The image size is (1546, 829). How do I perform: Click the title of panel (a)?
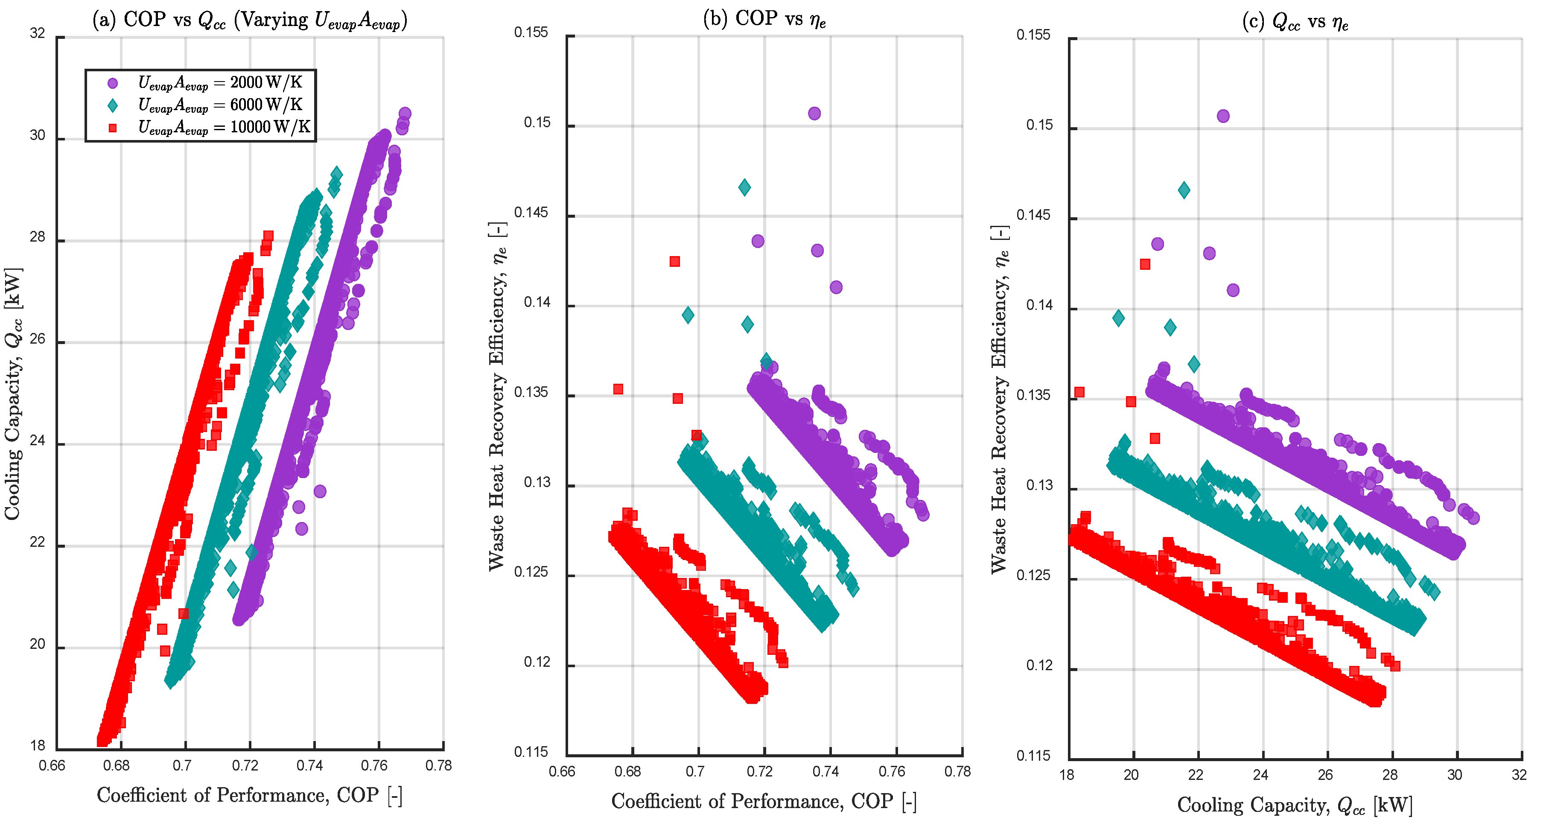point(250,20)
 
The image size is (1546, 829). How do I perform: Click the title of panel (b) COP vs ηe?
point(764,19)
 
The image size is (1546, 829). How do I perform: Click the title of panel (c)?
point(1295,22)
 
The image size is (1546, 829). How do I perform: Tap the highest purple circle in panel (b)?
point(814,114)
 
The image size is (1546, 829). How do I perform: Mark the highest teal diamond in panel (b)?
point(744,187)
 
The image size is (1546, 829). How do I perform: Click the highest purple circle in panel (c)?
point(1223,116)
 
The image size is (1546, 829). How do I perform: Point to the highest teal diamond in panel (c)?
point(1184,190)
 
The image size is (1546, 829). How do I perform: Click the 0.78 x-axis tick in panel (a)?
point(439,766)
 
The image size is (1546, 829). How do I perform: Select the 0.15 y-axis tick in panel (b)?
point(537,123)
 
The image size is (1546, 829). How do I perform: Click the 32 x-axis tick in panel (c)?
point(1519,775)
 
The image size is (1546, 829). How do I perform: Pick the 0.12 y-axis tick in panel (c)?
point(1039,666)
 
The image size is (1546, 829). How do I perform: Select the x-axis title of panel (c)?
point(1295,806)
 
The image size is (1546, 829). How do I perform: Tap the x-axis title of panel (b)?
point(764,802)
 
